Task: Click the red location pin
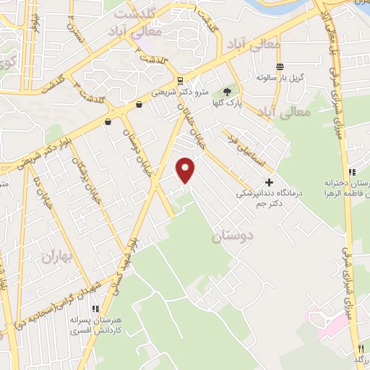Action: (x=186, y=169)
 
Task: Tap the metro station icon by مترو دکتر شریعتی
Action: (x=179, y=80)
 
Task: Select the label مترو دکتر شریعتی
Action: (x=181, y=93)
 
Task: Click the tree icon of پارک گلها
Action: (x=228, y=92)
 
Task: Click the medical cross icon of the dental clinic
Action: (x=270, y=182)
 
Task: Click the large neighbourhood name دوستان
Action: (x=233, y=236)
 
